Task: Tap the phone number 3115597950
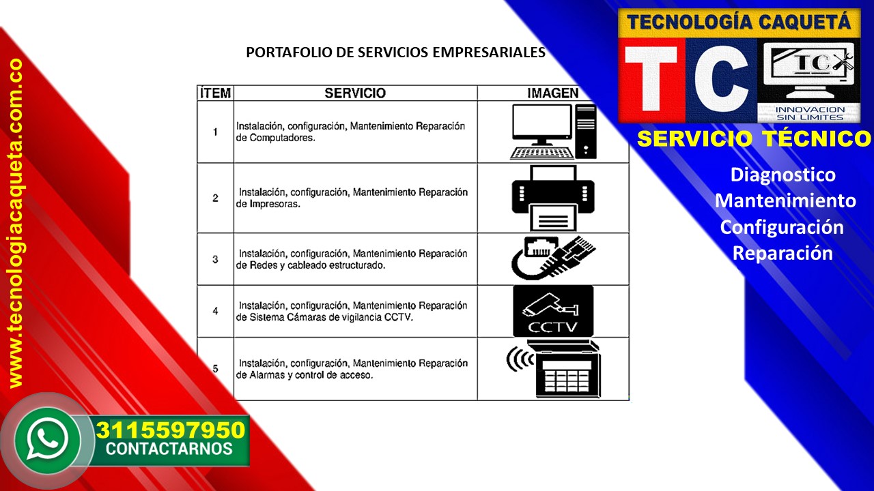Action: click(171, 430)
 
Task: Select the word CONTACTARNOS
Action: click(169, 449)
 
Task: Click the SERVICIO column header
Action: click(355, 93)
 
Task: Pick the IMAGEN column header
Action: click(553, 93)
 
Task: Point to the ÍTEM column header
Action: click(215, 93)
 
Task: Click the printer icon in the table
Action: click(553, 198)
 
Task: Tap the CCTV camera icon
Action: click(553, 311)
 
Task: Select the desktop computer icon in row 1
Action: click(553, 132)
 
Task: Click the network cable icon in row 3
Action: click(553, 258)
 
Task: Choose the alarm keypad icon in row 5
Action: click(554, 369)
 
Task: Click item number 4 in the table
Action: click(215, 311)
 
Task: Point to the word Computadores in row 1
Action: click(282, 138)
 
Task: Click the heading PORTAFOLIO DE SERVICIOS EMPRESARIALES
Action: click(395, 53)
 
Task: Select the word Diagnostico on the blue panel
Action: click(783, 175)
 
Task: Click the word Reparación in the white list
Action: click(783, 253)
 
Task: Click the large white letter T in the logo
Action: click(651, 78)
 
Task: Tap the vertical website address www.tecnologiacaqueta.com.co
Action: click(15, 223)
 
